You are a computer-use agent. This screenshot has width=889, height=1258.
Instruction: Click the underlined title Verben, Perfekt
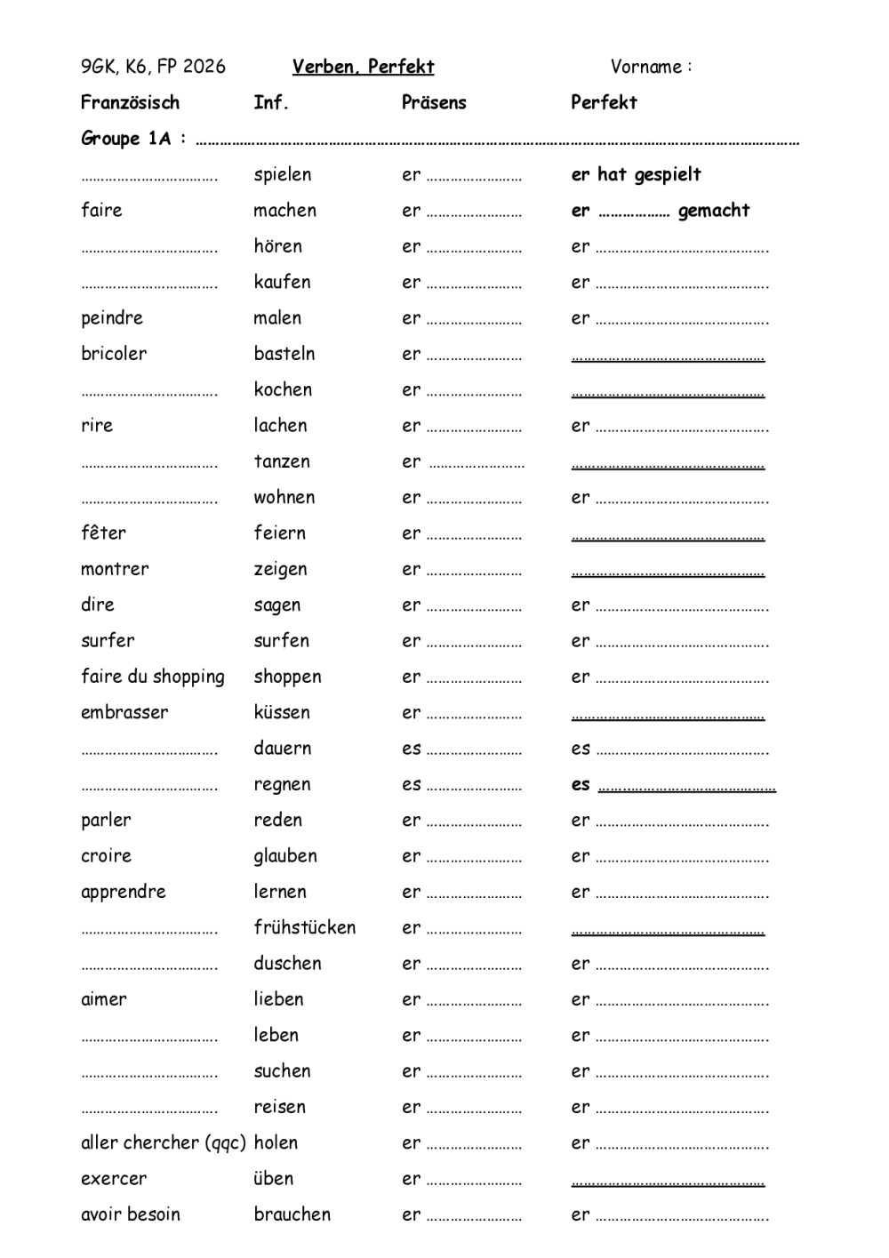tap(363, 67)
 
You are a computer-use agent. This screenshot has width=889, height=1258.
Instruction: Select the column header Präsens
tap(434, 102)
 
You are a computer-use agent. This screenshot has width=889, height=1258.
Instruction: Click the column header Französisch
tap(130, 102)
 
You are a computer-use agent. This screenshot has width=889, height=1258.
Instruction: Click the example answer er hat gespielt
tap(636, 175)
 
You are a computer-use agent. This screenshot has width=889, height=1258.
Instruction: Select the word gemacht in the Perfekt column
tap(714, 211)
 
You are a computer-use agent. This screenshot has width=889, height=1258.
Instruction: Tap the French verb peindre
tap(112, 318)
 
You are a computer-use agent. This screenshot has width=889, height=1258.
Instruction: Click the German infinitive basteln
tap(284, 354)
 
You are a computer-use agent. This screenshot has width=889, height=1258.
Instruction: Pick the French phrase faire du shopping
tap(153, 677)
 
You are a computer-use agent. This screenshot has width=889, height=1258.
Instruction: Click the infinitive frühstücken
tap(305, 927)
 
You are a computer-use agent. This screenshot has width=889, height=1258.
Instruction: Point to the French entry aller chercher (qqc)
tap(164, 1143)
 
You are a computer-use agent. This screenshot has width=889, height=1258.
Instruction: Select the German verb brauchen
tap(292, 1214)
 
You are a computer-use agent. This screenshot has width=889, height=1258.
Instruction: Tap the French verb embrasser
tap(124, 712)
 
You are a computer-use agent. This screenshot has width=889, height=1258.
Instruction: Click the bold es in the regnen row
tap(581, 784)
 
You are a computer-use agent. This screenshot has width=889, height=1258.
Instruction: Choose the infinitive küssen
tap(282, 712)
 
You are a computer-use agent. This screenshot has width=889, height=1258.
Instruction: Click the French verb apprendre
tap(124, 892)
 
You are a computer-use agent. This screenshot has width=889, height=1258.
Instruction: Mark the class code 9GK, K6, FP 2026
tap(153, 67)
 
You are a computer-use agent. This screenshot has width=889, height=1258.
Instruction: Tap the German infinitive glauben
tap(285, 856)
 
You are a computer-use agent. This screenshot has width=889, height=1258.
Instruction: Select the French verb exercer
tap(114, 1179)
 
